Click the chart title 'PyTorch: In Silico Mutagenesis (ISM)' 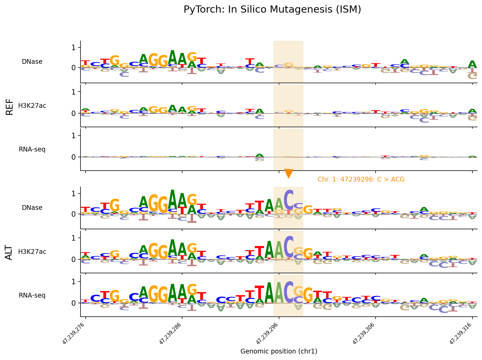(272, 10)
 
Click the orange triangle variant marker (289, 173)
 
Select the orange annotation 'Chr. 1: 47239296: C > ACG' (361, 179)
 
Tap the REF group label (10, 106)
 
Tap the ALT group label (10, 252)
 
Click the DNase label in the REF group (32, 62)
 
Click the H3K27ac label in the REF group (32, 106)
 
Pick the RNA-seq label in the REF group (32, 149)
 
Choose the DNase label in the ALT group (32, 208)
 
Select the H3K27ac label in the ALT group (32, 252)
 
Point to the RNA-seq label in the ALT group (32, 296)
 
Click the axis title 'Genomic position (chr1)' (279, 351)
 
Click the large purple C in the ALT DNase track (289, 200)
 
